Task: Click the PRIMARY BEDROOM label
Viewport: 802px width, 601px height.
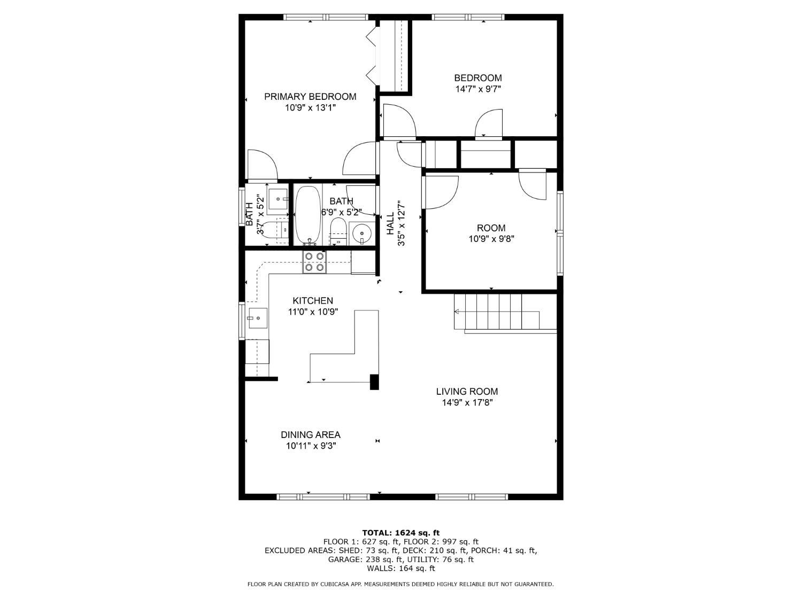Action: tap(310, 97)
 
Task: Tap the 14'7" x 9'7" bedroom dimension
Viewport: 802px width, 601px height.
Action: tap(478, 89)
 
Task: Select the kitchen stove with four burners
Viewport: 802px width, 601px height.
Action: tap(314, 262)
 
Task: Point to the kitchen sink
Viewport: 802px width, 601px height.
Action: tap(258, 318)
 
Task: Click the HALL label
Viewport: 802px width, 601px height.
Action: tap(390, 223)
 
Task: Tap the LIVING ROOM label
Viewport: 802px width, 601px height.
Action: tap(467, 392)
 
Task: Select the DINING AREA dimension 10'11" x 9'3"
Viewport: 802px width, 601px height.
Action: tap(311, 446)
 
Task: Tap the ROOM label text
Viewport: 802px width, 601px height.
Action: tap(491, 228)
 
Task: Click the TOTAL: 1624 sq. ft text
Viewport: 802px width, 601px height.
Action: tap(401, 533)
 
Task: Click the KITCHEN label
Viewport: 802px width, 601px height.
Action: tap(313, 301)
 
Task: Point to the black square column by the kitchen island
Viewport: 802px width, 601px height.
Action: tap(374, 382)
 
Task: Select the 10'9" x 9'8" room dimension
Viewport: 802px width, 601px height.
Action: tap(491, 239)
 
